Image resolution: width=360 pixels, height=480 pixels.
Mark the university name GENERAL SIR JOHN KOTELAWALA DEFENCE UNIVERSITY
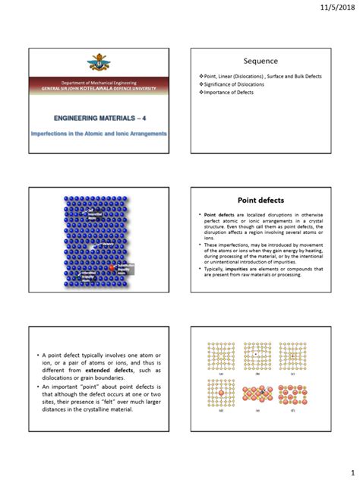point(98,89)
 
